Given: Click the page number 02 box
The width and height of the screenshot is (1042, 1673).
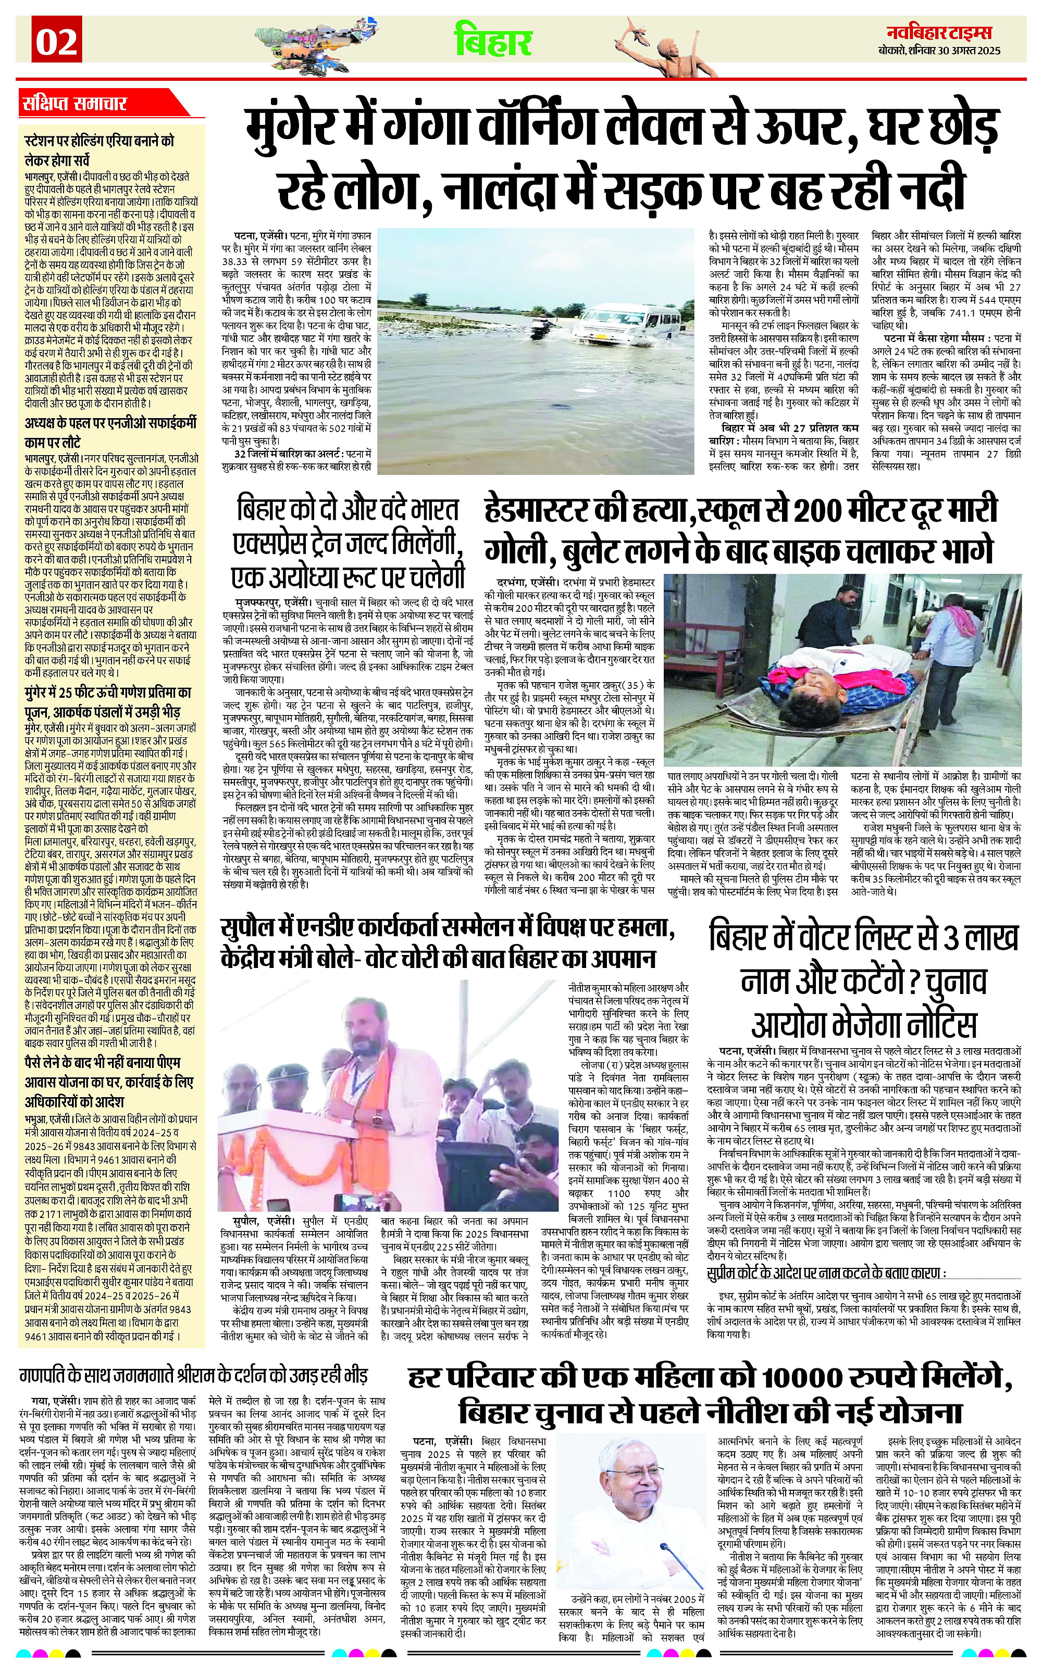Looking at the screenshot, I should tap(56, 43).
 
